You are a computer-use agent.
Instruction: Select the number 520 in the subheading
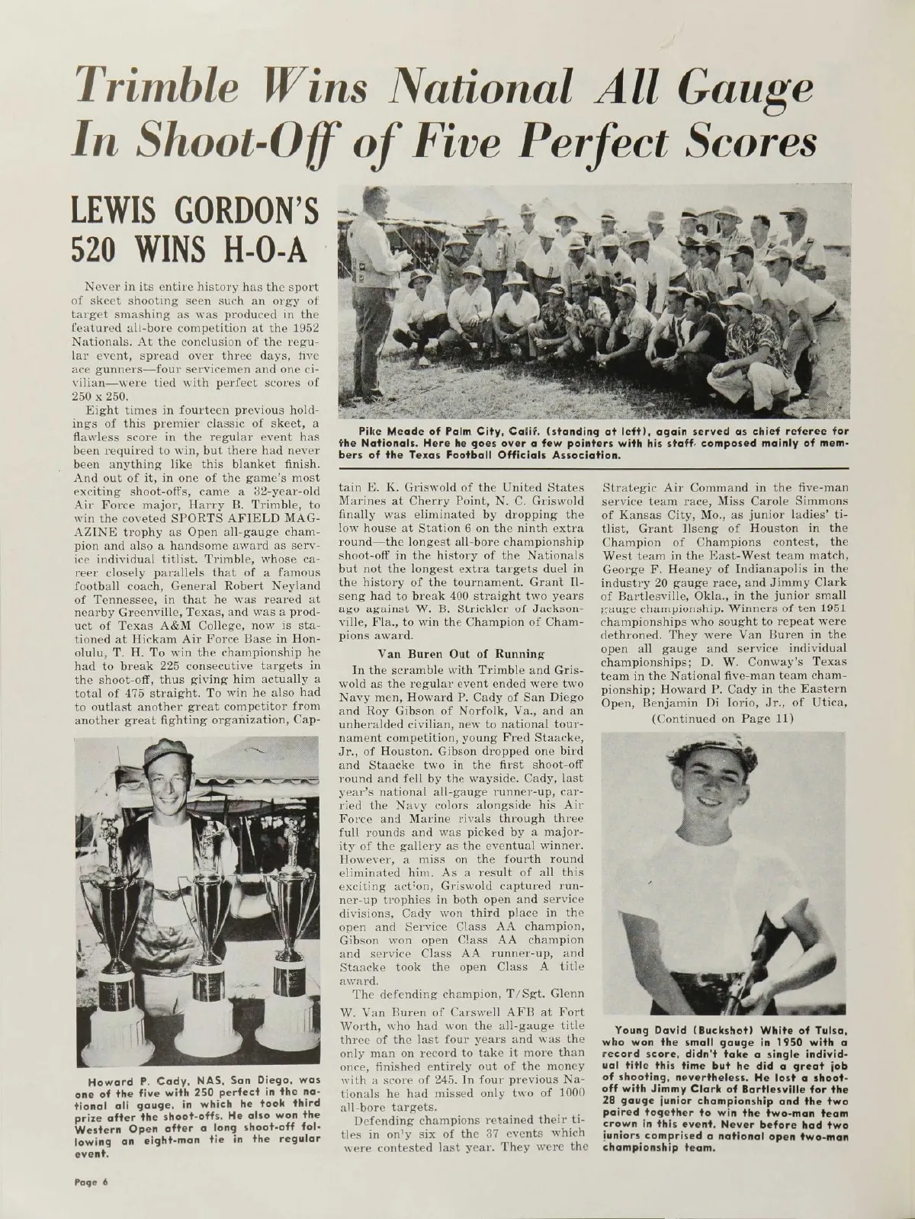pos(106,246)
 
